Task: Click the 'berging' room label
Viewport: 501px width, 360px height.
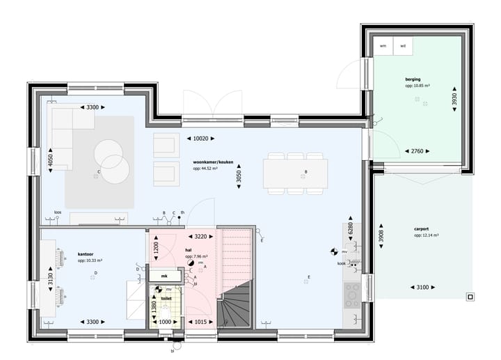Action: point(413,80)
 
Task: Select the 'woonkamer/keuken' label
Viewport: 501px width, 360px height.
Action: point(212,162)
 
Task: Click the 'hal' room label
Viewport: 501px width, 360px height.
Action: point(189,249)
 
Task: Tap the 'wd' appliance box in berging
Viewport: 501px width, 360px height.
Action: point(403,46)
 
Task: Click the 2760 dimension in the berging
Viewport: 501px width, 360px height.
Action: point(417,151)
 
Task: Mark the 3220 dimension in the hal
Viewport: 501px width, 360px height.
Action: point(200,236)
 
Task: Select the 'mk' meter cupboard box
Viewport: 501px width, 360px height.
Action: point(164,276)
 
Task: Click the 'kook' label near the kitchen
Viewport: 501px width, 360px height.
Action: point(342,264)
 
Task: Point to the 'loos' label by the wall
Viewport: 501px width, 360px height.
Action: point(58,213)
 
